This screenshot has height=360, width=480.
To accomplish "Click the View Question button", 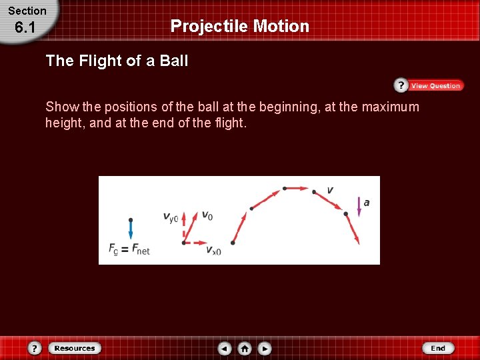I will coord(429,85).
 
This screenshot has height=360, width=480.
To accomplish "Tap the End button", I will coord(438,348).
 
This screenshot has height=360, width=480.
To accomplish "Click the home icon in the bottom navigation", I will coord(245,348).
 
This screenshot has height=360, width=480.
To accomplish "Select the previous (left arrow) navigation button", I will coord(225,348).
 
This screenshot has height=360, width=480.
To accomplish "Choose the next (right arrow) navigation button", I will coord(265,348).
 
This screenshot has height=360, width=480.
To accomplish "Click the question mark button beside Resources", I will coord(35,348).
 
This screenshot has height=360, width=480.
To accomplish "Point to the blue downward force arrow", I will coord(131,231).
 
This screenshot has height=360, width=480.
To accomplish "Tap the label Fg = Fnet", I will coord(129,249).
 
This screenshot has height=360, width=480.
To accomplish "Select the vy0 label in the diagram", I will coord(171,217).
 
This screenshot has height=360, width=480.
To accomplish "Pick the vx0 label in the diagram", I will coord(213,251).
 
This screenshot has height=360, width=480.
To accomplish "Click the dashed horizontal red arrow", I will coord(197,243).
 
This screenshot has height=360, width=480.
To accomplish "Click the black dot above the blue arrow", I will coord(131,219).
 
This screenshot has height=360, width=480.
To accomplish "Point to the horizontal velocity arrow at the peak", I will coord(298,189).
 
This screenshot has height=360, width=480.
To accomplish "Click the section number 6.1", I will coord(25,28).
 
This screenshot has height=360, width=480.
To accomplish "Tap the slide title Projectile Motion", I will coord(240,26).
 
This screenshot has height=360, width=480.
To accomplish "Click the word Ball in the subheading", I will coord(174,61).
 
